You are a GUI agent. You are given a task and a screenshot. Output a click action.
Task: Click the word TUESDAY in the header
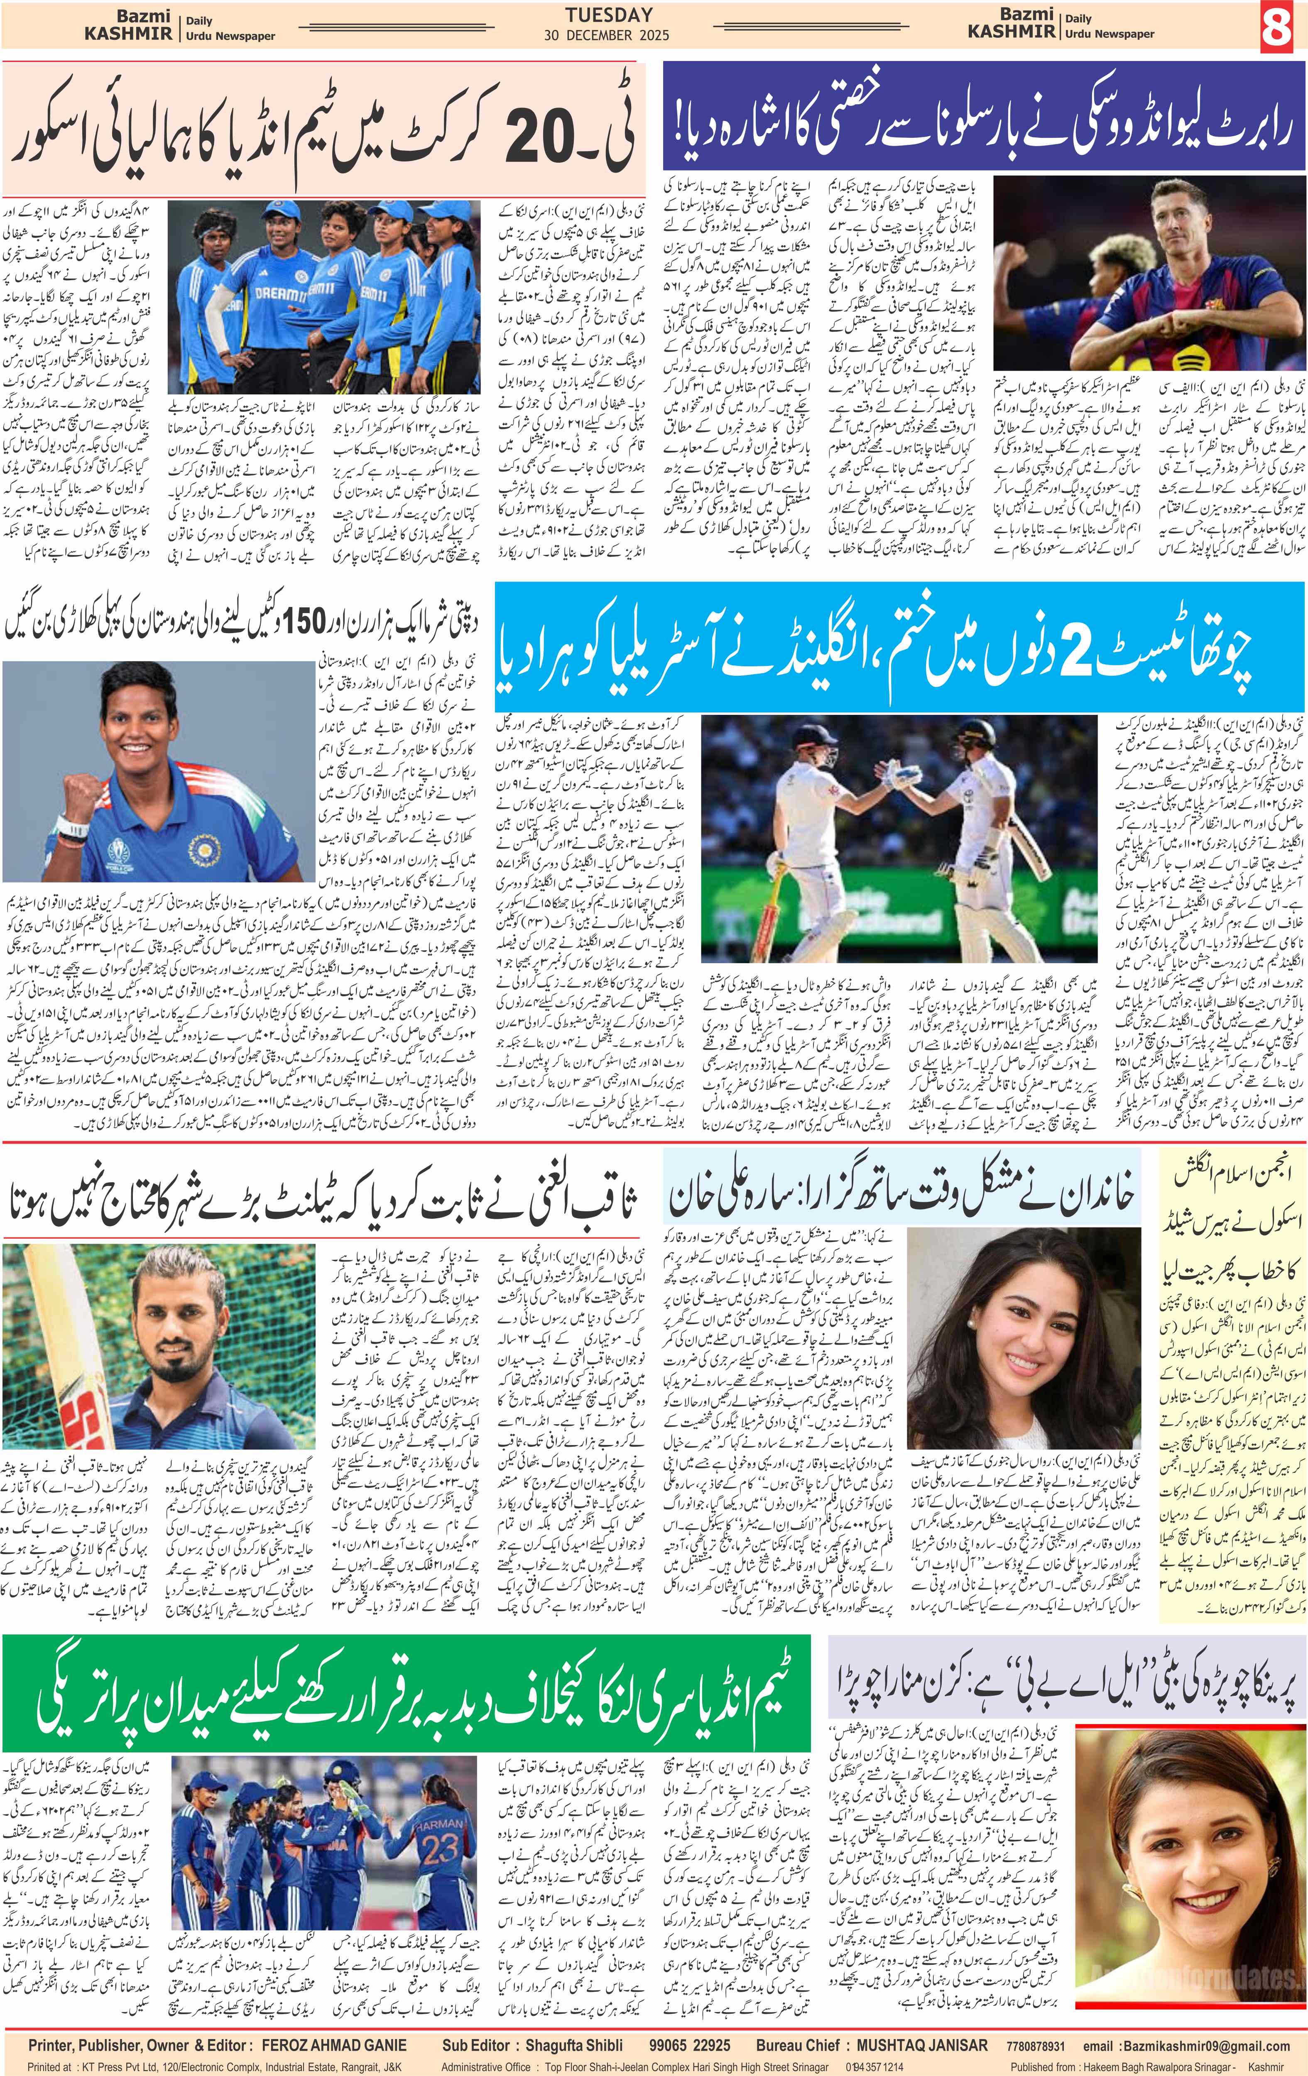[x=609, y=15]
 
